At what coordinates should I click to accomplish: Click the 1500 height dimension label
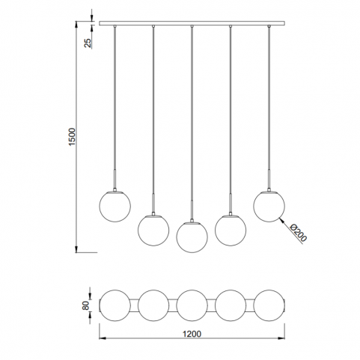click(72, 137)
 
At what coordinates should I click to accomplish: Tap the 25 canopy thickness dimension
click(88, 43)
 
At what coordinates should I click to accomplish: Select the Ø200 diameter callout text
click(299, 233)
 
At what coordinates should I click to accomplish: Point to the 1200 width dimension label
click(192, 334)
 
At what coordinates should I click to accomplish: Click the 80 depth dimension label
click(85, 305)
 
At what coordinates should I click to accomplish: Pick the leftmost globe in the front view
click(115, 207)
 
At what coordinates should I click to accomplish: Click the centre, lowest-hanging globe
click(192, 237)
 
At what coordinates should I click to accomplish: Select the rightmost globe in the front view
click(269, 207)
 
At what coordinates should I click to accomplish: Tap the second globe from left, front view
click(153, 230)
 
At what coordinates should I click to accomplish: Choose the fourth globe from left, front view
click(231, 230)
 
